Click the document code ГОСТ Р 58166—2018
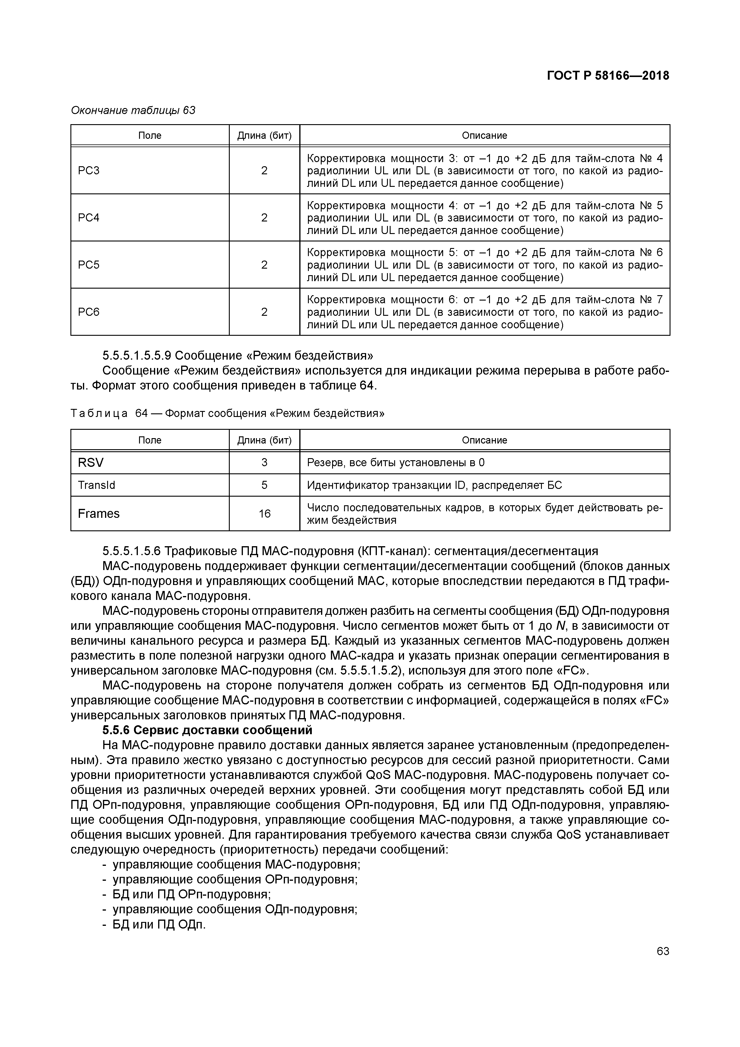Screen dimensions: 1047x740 pyautogui.click(x=608, y=76)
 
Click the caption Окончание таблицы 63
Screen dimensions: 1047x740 pyautogui.click(x=133, y=110)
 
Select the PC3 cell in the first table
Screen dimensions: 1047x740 pyautogui.click(x=89, y=170)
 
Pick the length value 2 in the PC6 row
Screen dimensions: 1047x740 pyautogui.click(x=264, y=312)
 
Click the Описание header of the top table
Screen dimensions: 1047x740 pyautogui.click(x=484, y=136)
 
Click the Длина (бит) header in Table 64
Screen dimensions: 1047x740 pyautogui.click(x=264, y=440)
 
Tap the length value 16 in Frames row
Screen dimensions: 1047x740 pyautogui.click(x=264, y=513)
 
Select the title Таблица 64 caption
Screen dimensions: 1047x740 pyautogui.click(x=227, y=413)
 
